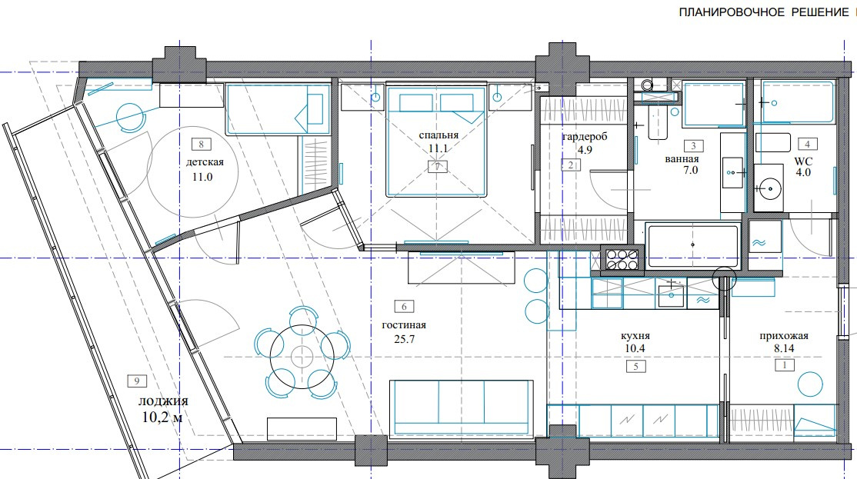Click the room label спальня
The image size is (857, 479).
(439, 135)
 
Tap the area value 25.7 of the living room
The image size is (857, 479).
(405, 339)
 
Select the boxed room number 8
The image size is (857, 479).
(201, 145)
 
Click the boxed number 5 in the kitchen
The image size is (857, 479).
(635, 367)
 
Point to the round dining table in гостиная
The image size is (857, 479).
(302, 357)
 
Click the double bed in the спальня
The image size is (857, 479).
(436, 138)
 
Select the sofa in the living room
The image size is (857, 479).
(462, 408)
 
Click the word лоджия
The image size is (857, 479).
(163, 401)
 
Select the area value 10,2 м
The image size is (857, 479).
(162, 417)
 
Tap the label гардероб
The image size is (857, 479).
(584, 137)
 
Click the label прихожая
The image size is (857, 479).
(784, 337)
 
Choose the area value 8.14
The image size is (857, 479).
(785, 348)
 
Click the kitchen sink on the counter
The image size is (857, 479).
(671, 295)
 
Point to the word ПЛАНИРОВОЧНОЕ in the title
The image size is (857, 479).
(732, 12)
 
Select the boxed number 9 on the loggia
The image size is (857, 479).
(137, 381)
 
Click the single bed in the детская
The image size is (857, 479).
(278, 108)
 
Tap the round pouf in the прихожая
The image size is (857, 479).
(810, 384)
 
